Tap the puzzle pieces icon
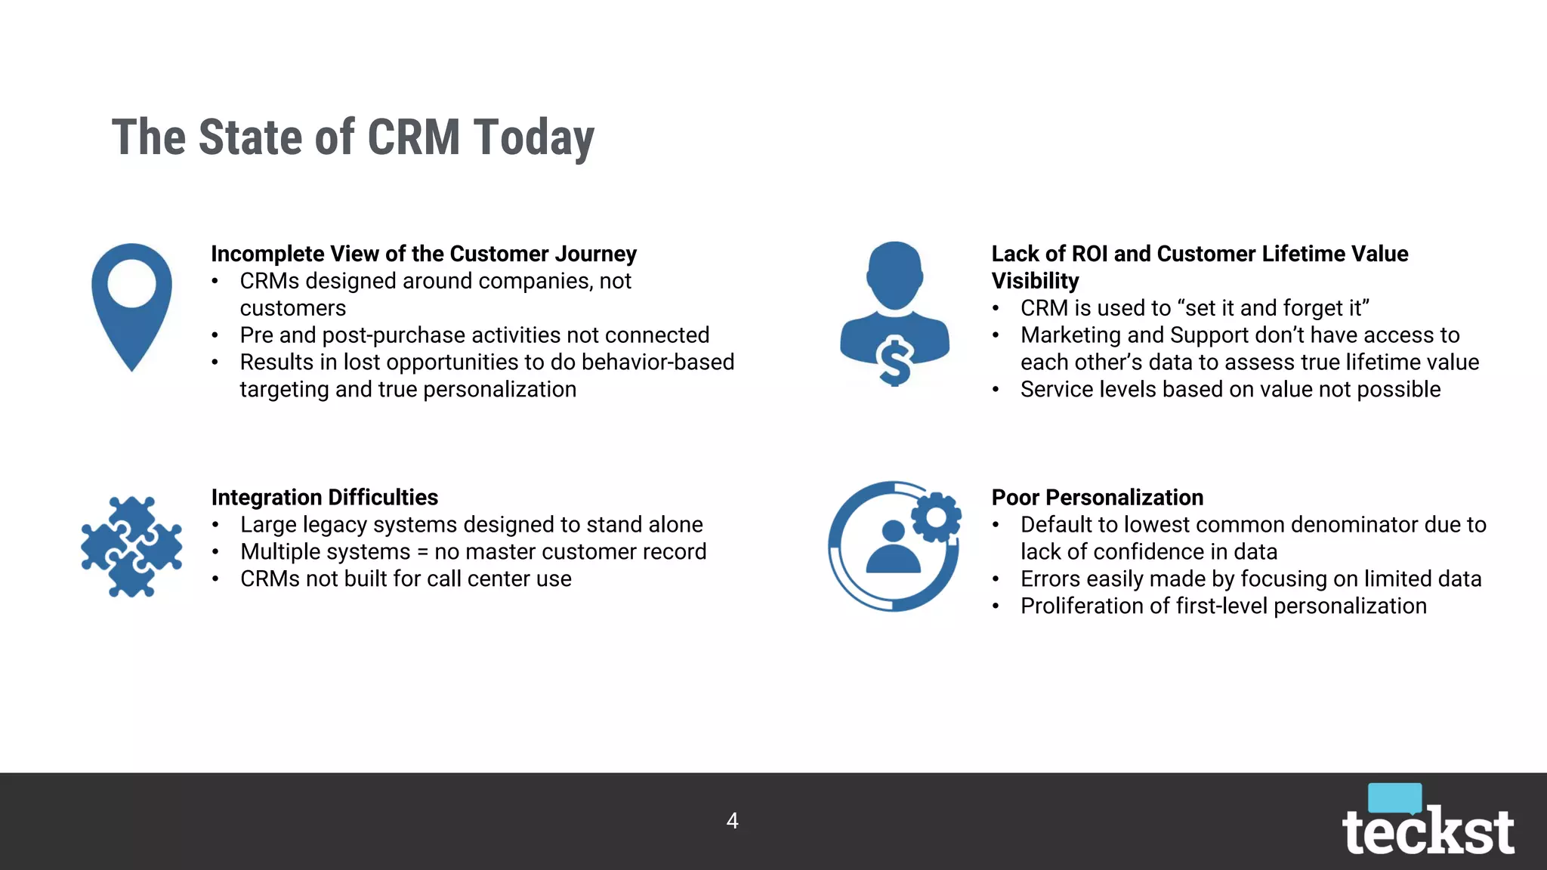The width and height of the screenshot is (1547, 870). [x=131, y=546]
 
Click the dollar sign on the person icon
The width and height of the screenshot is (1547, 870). [x=896, y=361]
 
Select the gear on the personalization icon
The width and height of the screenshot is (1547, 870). [x=936, y=518]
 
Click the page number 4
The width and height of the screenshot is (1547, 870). [x=732, y=821]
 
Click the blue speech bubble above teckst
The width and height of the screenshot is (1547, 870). [x=1394, y=797]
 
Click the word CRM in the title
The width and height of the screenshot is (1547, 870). [x=414, y=137]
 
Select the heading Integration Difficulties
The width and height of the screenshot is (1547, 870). [x=324, y=498]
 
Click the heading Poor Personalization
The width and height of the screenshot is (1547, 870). [x=1097, y=498]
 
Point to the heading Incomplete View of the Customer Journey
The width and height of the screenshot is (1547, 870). [x=423, y=254]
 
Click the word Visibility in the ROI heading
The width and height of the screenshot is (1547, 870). [x=1035, y=281]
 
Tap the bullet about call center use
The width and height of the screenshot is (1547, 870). [x=406, y=579]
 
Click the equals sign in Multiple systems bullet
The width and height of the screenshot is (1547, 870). [x=422, y=553]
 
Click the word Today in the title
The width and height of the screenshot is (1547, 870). [x=534, y=137]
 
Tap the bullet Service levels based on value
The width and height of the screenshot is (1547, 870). [x=1230, y=390]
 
